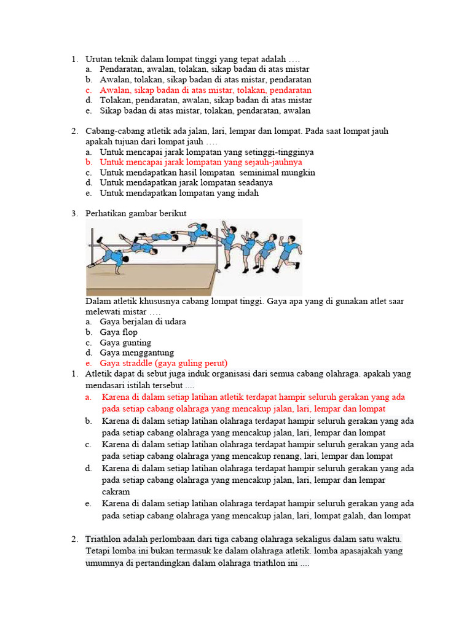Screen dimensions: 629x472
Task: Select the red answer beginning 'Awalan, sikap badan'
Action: click(x=205, y=90)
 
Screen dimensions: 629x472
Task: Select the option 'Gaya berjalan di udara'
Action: click(x=143, y=321)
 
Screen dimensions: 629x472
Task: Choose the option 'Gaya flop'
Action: click(x=119, y=332)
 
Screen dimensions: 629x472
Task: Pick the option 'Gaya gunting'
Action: click(x=125, y=343)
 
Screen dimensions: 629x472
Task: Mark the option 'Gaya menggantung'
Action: click(x=137, y=353)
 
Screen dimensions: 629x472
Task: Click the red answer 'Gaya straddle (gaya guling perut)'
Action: click(x=163, y=363)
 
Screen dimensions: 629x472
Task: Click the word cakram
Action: click(x=116, y=492)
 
